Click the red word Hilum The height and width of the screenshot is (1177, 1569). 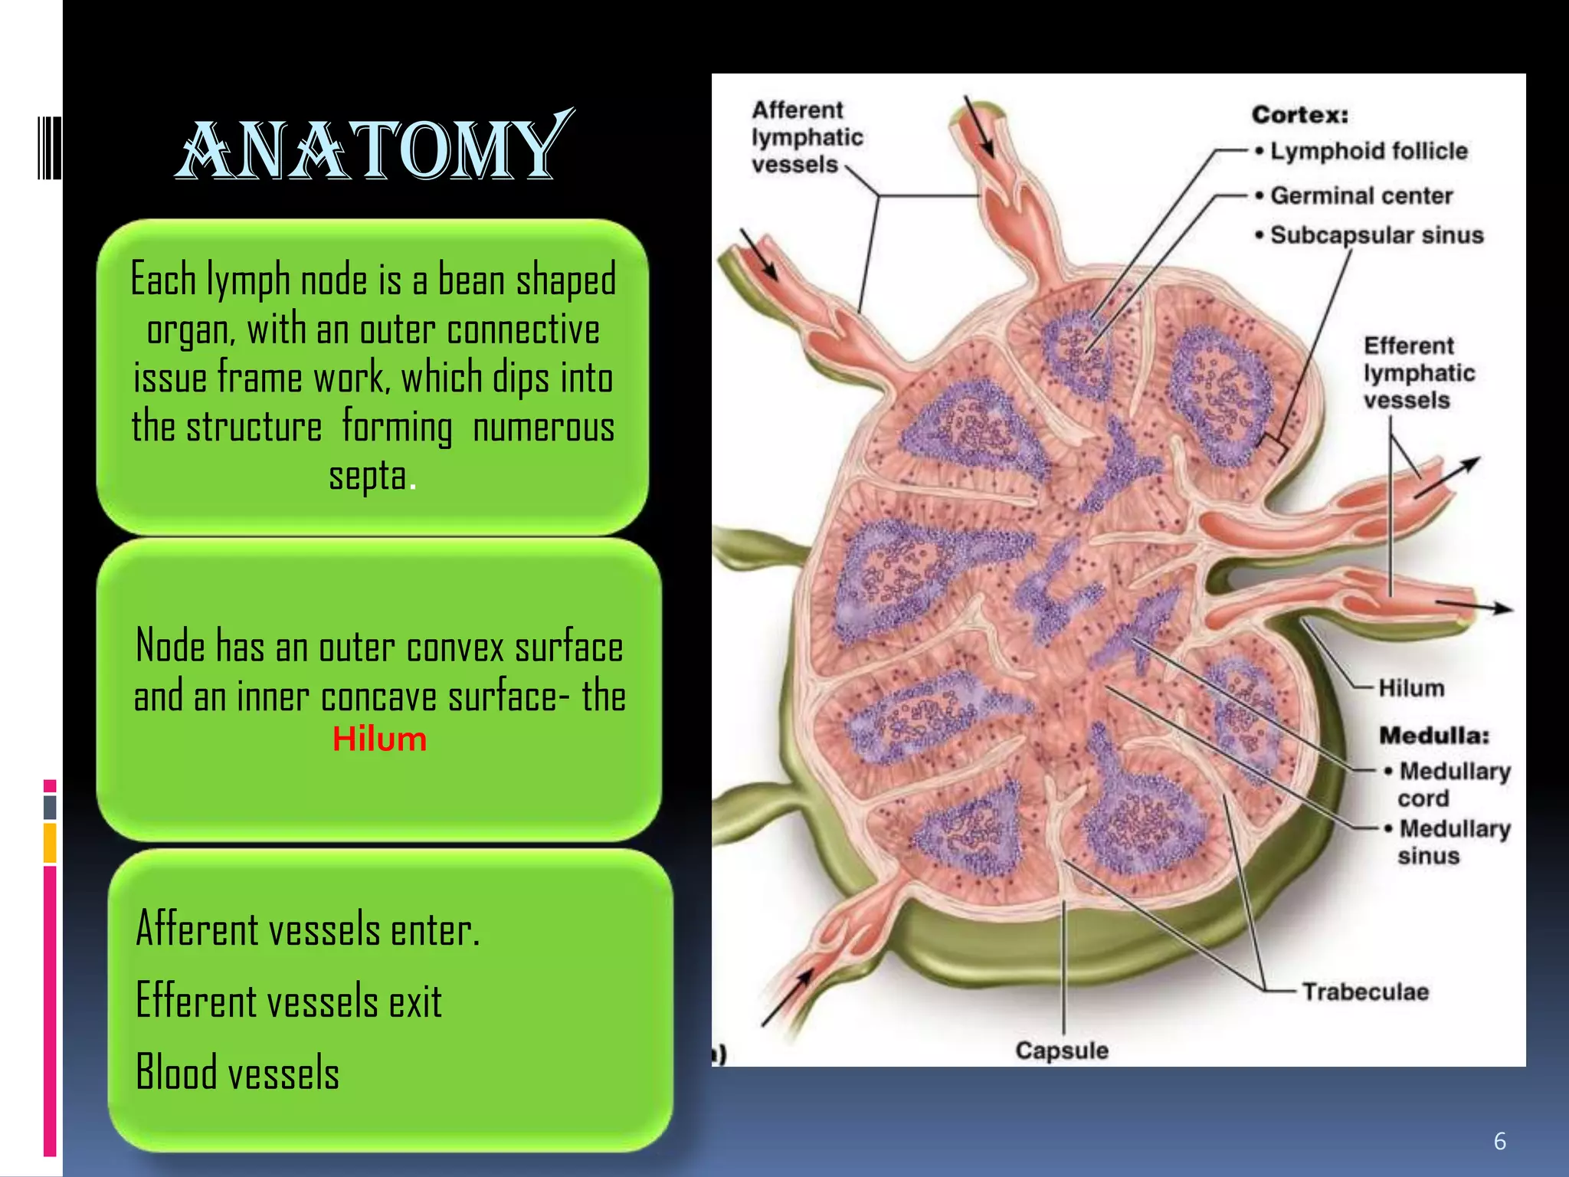[x=379, y=739]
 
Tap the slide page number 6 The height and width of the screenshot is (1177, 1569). [x=1499, y=1141]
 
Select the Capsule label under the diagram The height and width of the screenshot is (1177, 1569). [x=1061, y=1050]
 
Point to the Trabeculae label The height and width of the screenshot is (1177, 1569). [x=1365, y=992]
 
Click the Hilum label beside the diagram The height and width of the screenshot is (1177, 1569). [x=1411, y=688]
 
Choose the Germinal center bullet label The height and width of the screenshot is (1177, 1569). [x=1361, y=196]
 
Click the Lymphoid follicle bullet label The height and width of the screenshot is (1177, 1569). [x=1368, y=151]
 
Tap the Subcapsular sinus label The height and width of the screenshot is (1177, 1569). [x=1376, y=235]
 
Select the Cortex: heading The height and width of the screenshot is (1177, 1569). [x=1300, y=115]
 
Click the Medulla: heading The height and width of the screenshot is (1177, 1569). [x=1434, y=736]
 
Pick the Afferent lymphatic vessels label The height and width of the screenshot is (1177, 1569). [x=806, y=138]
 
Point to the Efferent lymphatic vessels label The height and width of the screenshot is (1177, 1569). [x=1419, y=373]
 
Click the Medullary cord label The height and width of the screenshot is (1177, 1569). [x=1453, y=784]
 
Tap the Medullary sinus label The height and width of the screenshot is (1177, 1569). [x=1453, y=841]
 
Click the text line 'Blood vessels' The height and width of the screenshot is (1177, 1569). [x=237, y=1072]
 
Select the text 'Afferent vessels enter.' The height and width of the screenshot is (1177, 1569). [x=308, y=929]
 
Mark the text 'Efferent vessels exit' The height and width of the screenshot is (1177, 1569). [x=289, y=1001]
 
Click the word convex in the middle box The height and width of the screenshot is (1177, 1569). [x=455, y=648]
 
